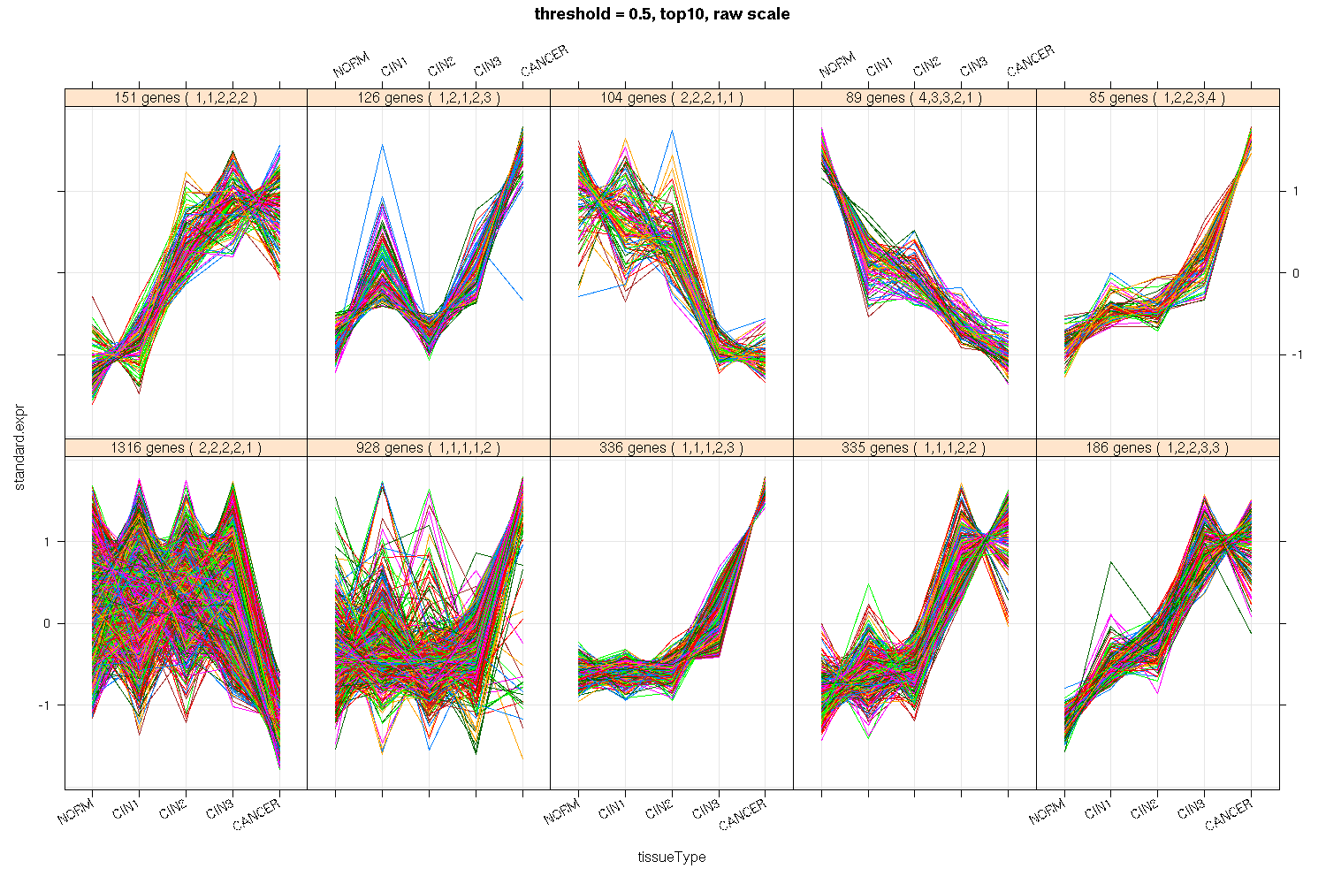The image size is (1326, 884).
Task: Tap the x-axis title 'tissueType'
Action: tap(672, 857)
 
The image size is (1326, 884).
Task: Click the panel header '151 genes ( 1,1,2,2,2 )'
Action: tap(186, 98)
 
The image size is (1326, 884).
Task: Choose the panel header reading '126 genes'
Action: tap(428, 98)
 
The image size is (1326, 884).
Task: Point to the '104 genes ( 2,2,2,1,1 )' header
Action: tap(671, 98)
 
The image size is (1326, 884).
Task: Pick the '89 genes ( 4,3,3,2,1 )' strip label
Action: tap(914, 98)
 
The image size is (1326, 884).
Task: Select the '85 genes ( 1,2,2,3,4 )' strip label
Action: tap(1157, 98)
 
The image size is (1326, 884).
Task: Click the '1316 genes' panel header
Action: tap(186, 448)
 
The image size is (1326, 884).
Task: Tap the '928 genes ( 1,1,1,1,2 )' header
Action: tap(428, 448)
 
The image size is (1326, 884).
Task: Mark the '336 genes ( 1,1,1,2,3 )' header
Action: tap(671, 448)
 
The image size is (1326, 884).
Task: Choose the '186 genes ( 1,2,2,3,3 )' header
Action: tap(1157, 448)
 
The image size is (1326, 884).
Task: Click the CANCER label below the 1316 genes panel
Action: tap(257, 813)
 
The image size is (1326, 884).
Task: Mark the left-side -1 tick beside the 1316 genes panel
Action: tap(49, 705)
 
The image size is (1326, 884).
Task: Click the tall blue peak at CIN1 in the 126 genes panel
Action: tap(382, 145)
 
